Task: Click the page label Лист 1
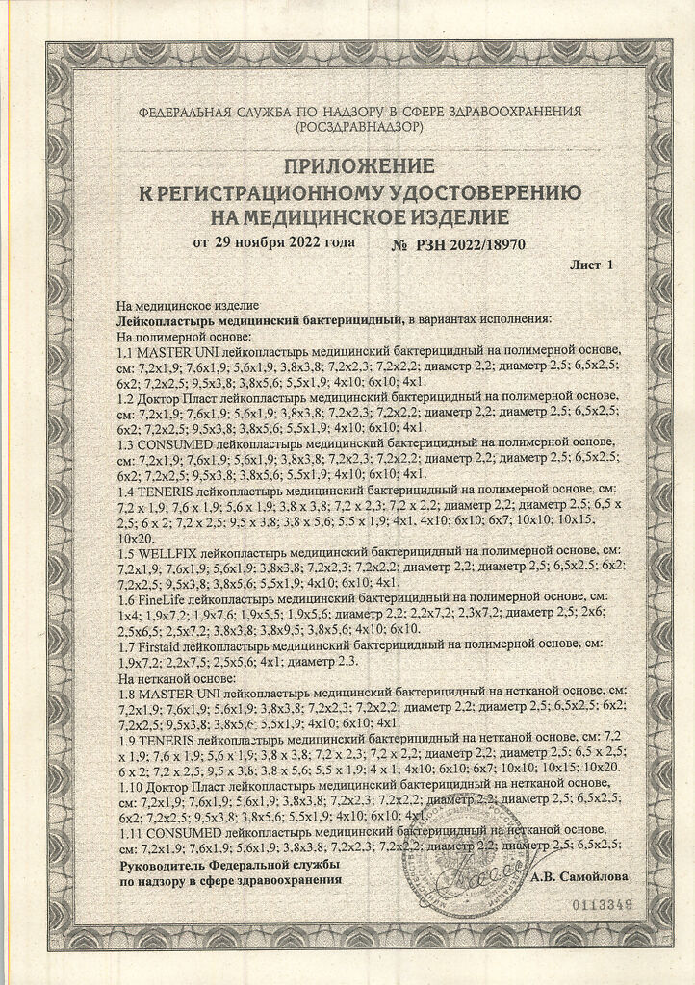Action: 591,263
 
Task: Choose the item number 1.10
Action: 130,785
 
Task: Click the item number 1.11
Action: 129,829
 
